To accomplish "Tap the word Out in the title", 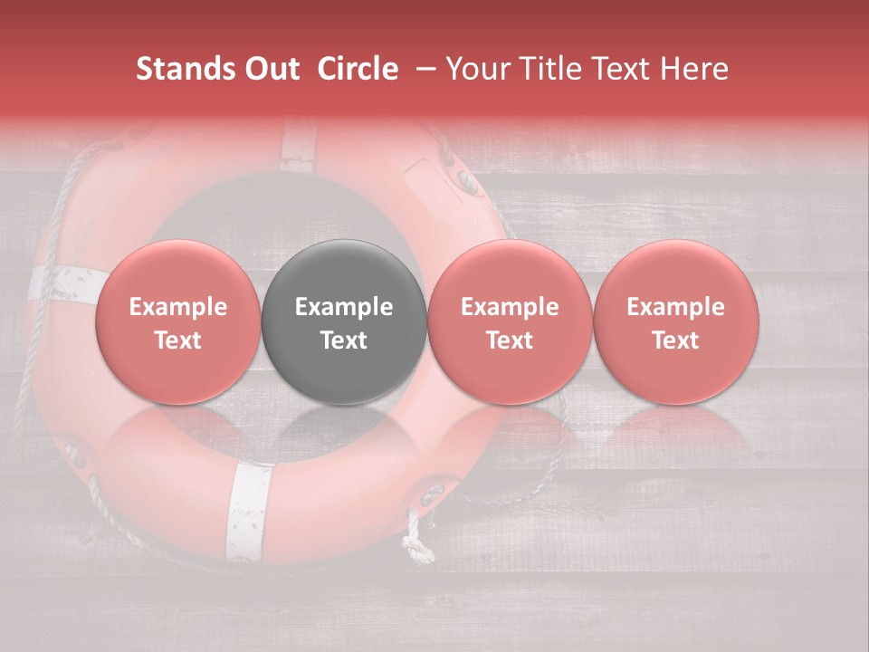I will (269, 69).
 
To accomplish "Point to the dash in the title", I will (422, 69).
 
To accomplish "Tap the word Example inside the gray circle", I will (344, 307).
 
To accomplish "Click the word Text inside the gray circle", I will (344, 340).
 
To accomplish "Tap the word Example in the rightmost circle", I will (676, 307).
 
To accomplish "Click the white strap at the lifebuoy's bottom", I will (248, 512).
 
